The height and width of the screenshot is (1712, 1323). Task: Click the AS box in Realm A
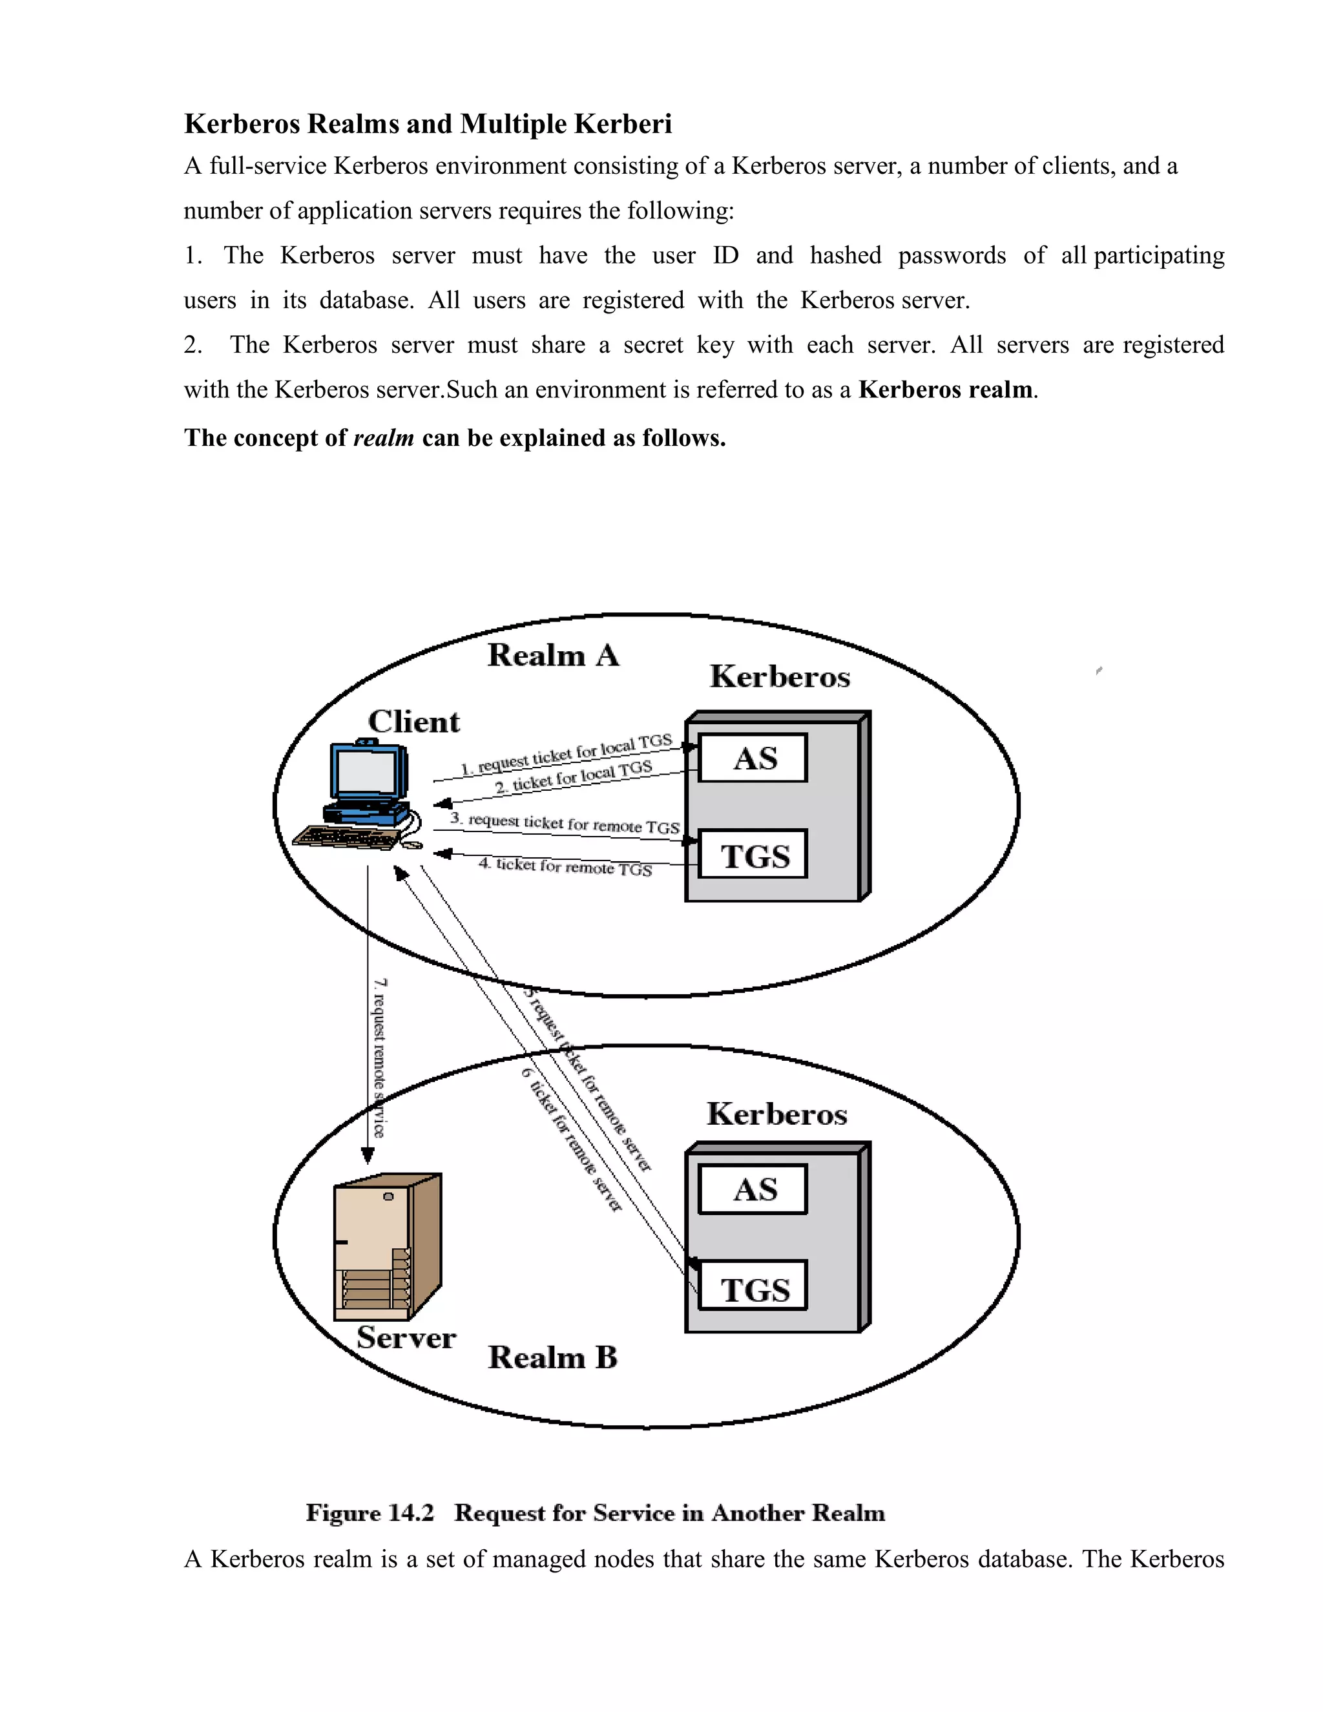pyautogui.click(x=753, y=758)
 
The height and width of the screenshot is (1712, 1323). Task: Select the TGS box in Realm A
pyautogui.click(x=753, y=855)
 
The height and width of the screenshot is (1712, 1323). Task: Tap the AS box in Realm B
pyautogui.click(x=753, y=1189)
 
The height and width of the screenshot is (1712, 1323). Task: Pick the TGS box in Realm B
pyautogui.click(x=753, y=1289)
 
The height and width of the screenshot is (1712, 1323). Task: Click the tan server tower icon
pyautogui.click(x=387, y=1246)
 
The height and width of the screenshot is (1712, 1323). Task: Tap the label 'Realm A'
pyautogui.click(x=552, y=655)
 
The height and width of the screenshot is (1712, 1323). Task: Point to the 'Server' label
pyautogui.click(x=406, y=1337)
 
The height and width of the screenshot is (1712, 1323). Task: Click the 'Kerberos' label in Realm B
pyautogui.click(x=776, y=1114)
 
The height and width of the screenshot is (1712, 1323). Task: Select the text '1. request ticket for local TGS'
pyautogui.click(x=566, y=754)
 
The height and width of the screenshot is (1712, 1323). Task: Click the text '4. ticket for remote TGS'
pyautogui.click(x=565, y=866)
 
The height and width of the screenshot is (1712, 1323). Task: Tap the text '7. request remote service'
pyautogui.click(x=379, y=1058)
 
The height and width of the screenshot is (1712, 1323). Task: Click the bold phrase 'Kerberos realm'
pyautogui.click(x=945, y=390)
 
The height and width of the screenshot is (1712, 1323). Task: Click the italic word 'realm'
pyautogui.click(x=383, y=437)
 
